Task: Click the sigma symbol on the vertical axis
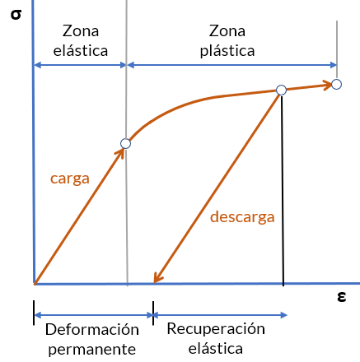(x=16, y=15)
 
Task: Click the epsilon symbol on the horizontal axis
(x=341, y=296)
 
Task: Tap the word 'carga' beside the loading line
(x=70, y=179)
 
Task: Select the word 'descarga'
(x=242, y=217)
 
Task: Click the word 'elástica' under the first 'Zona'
(x=81, y=51)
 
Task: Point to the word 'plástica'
(x=227, y=51)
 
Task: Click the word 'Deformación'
(x=92, y=329)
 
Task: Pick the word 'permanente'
(x=92, y=350)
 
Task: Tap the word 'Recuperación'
(x=216, y=329)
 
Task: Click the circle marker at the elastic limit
(x=125, y=143)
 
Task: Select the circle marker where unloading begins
(x=281, y=90)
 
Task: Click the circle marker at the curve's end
(x=336, y=84)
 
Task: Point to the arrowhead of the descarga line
(x=157, y=278)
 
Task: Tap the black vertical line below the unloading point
(x=283, y=191)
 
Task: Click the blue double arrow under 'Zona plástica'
(x=232, y=65)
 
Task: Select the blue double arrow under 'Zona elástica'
(x=80, y=65)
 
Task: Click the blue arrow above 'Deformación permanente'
(x=93, y=315)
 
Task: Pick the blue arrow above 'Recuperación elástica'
(x=220, y=315)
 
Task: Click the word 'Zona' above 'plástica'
(x=227, y=31)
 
